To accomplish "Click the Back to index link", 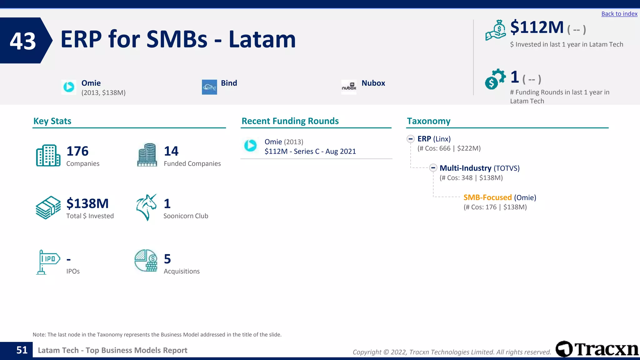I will pos(619,14).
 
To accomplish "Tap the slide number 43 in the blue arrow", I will pos(23,41).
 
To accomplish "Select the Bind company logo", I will pos(209,87).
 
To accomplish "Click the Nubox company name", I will pos(373,83).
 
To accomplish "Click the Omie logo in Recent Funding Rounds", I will pos(250,145).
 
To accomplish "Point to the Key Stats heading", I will pos(52,121).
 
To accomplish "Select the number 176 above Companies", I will pos(77,151).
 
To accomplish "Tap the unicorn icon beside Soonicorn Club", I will pos(146,207).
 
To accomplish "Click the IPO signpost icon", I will pos(47,262).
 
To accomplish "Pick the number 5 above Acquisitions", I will pos(167,259).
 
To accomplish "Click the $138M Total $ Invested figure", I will pos(87,203).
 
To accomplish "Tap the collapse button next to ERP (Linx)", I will pos(411,139).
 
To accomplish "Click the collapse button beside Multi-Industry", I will pos(433,168).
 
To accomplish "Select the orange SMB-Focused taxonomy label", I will pos(487,197).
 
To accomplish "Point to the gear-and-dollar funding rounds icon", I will pos(495,79).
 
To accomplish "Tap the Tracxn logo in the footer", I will pos(597,349).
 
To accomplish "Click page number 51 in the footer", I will pos(22,350).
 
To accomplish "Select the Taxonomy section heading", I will pos(428,121).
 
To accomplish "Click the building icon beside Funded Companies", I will pos(147,155).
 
